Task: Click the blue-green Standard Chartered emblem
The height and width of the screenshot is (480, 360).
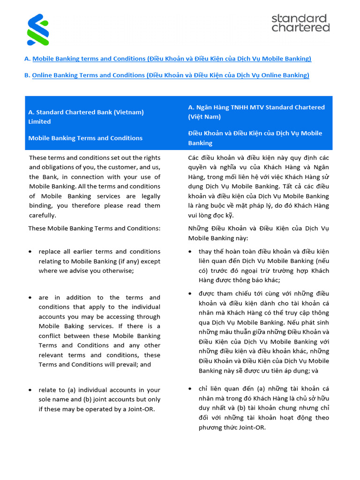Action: point(38,30)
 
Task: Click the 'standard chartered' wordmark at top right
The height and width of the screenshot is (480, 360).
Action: point(300,23)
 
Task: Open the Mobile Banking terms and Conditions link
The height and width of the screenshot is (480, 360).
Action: point(172,59)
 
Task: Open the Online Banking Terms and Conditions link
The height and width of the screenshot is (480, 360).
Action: point(171,75)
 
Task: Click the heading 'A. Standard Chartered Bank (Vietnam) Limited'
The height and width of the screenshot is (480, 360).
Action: point(86,117)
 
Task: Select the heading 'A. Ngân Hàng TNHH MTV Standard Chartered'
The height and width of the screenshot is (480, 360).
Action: point(256,107)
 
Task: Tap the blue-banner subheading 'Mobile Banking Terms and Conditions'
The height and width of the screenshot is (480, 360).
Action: point(85,138)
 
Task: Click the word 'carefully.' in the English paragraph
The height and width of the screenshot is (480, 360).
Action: point(43,215)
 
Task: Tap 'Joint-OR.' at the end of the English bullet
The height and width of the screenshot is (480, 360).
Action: point(139,409)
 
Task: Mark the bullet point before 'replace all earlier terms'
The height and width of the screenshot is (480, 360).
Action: point(30,252)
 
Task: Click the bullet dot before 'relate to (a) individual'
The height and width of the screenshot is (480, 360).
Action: point(30,390)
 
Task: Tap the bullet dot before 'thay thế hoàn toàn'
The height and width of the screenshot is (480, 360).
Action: point(190,252)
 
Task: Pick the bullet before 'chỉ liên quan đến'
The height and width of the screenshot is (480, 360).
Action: point(190,389)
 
